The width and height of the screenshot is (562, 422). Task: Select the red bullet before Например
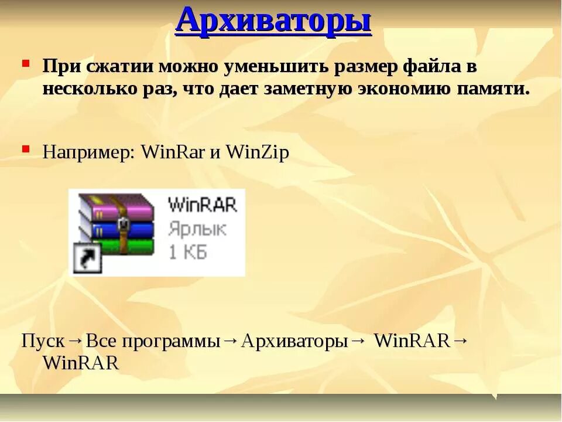coord(26,149)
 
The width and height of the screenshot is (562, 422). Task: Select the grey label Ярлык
coord(197,229)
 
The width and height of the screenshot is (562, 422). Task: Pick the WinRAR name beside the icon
coord(202,205)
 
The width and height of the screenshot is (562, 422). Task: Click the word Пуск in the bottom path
coord(43,341)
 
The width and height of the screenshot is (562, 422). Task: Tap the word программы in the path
coord(178,342)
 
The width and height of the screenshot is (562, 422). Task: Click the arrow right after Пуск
coord(76,341)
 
